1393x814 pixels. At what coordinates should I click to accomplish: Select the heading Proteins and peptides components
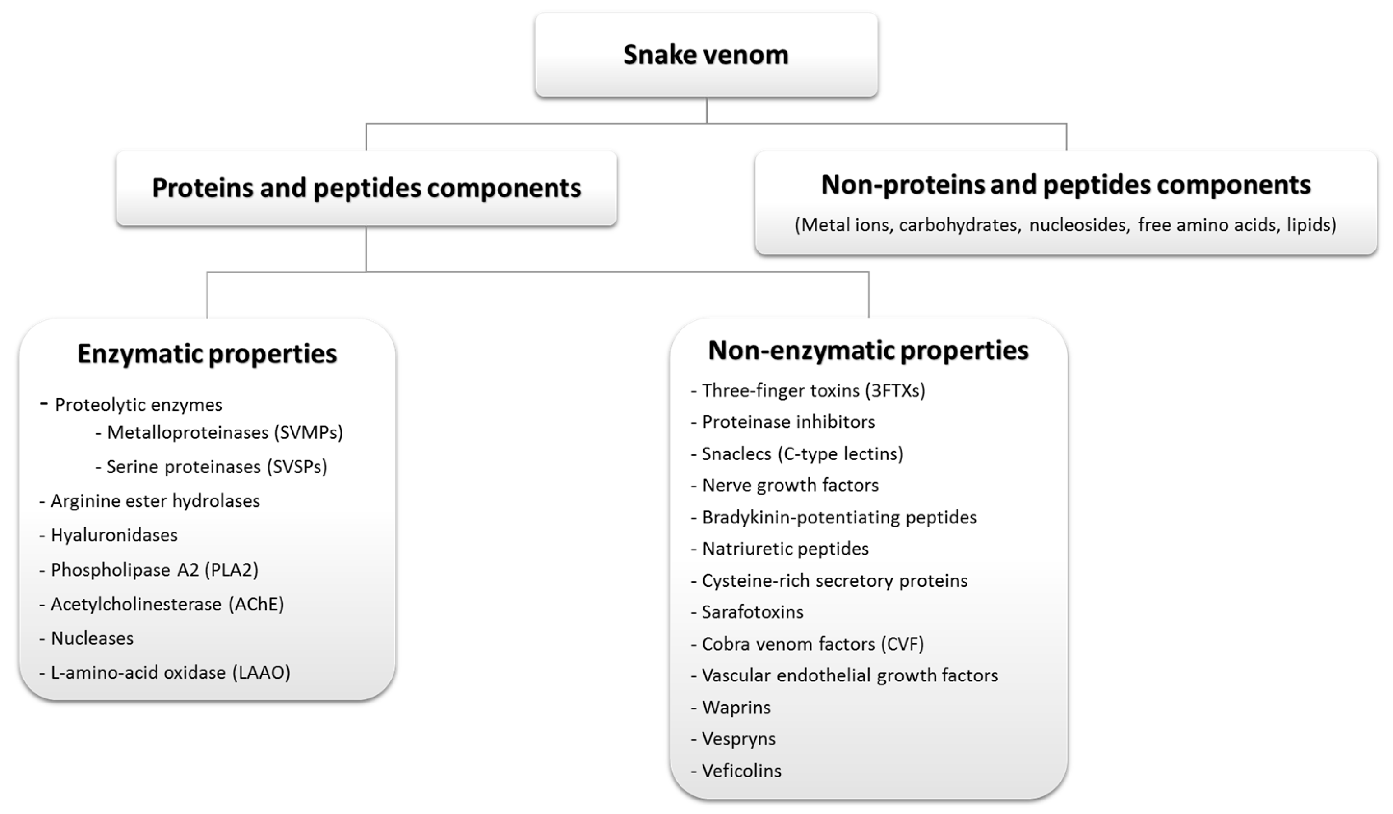point(366,188)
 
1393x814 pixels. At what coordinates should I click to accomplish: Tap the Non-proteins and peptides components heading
point(1066,185)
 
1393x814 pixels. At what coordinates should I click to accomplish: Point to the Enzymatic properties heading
point(207,354)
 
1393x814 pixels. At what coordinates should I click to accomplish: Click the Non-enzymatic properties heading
point(868,350)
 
